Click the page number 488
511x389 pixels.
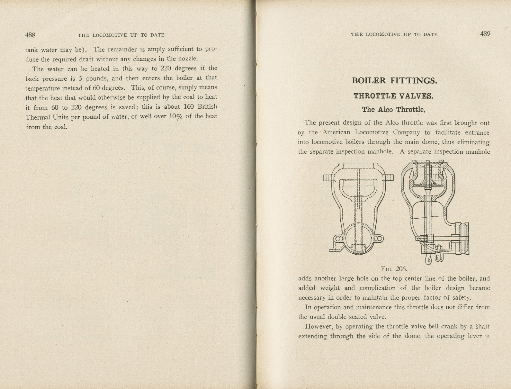coord(30,35)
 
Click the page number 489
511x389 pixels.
coord(485,34)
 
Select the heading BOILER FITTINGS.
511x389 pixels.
coord(394,80)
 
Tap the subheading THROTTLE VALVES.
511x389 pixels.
coord(393,96)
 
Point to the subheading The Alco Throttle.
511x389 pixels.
coord(394,110)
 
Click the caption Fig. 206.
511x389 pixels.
coord(394,269)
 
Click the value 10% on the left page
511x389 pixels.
coord(175,116)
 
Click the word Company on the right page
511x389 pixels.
coord(406,132)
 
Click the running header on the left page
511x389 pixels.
coord(121,35)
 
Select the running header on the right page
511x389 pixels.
coord(394,34)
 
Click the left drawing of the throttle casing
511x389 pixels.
coord(358,209)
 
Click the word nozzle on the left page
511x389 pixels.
coord(187,59)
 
